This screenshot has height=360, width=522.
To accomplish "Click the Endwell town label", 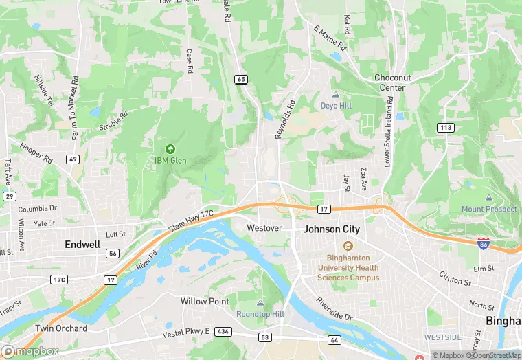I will click(x=82, y=244).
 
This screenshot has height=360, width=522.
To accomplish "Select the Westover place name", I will click(x=264, y=227).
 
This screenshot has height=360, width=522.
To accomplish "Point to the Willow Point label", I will click(x=204, y=302).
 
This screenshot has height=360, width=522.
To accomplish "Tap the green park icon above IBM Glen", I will click(x=170, y=148).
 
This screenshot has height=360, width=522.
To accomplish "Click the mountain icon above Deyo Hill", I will click(x=336, y=94).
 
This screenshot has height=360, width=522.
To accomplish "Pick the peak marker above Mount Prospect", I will click(x=489, y=198).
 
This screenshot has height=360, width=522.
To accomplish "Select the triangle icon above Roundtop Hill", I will click(x=260, y=303).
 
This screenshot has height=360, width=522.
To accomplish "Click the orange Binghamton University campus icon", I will click(x=348, y=247).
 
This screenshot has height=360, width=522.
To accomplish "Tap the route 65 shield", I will click(x=240, y=80).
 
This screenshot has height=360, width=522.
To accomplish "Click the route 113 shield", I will click(x=446, y=127).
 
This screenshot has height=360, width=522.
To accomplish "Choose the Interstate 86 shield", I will click(x=484, y=243).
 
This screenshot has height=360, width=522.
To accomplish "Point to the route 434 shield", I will click(x=223, y=332).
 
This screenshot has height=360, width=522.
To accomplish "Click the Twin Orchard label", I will click(x=61, y=328).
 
